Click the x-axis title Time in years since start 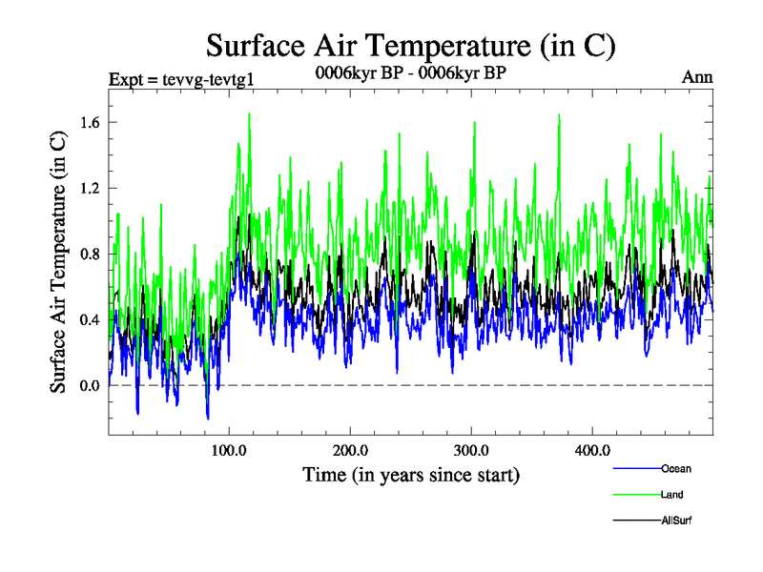(x=411, y=474)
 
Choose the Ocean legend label (x=676, y=469)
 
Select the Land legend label (x=672, y=495)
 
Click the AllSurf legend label (x=676, y=521)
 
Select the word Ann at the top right (x=697, y=77)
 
